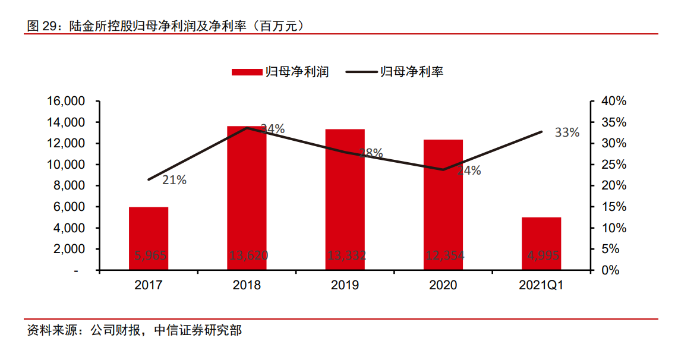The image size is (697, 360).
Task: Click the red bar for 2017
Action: click(x=149, y=238)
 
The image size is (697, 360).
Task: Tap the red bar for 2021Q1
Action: click(x=541, y=244)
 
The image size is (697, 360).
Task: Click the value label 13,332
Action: click(x=346, y=256)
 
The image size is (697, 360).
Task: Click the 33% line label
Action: click(x=567, y=132)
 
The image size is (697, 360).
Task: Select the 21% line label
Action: click(x=174, y=180)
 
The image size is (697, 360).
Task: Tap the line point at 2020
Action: click(x=443, y=170)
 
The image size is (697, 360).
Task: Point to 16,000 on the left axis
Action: click(x=65, y=101)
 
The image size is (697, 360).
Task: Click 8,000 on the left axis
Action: click(x=68, y=185)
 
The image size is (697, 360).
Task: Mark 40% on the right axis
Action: click(x=614, y=101)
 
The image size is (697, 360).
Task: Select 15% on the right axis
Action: click(x=614, y=207)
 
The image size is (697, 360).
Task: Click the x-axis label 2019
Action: click(x=345, y=286)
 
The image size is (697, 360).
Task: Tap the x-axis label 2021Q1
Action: click(x=541, y=286)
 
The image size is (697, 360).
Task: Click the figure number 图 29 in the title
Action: click(x=42, y=26)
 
